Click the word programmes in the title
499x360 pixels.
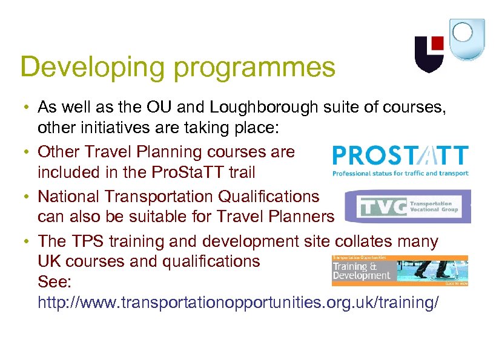(254, 67)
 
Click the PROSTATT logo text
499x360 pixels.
(400, 156)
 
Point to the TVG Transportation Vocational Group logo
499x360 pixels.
(407, 206)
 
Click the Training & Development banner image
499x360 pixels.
(400, 270)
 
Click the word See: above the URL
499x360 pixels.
(52, 282)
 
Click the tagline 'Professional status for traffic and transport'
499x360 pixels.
(400, 174)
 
